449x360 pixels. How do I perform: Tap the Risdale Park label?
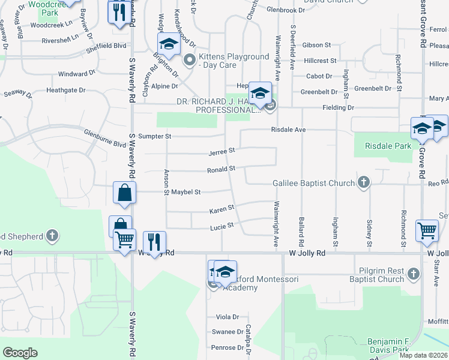point(391,146)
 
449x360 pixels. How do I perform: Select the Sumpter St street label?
point(155,136)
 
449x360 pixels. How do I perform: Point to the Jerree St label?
point(221,152)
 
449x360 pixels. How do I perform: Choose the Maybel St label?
point(185,192)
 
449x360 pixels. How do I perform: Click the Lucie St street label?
point(221,227)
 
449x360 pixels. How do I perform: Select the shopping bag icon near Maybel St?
point(124,193)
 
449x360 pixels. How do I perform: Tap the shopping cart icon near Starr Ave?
point(427,230)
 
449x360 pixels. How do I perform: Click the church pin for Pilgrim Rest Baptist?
point(413,274)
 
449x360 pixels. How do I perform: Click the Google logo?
point(20,353)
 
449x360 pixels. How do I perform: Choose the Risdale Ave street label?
point(289,130)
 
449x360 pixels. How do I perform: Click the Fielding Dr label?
point(338,107)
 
